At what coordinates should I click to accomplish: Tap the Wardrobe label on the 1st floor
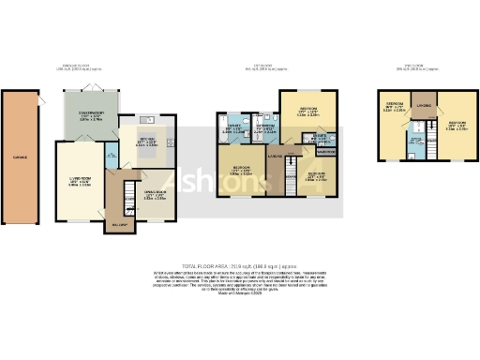(x=326, y=151)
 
